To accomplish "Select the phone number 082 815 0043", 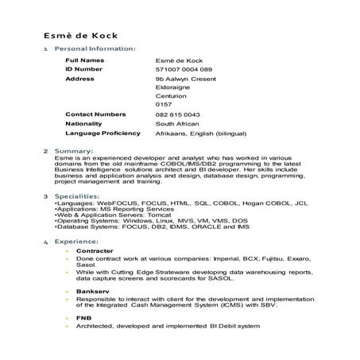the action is tap(178, 115).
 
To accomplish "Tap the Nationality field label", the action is tap(87, 124).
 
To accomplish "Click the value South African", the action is tap(178, 125).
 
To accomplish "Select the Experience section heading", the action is tap(78, 241).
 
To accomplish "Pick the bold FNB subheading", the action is tap(83, 319).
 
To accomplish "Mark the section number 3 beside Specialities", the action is tap(45, 196).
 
